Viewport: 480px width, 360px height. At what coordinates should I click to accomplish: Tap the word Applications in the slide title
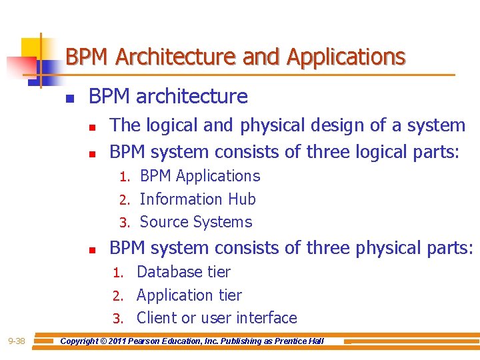point(345,57)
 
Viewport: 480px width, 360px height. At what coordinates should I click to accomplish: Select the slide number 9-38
point(16,341)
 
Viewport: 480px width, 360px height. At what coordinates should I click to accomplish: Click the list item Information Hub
point(197,199)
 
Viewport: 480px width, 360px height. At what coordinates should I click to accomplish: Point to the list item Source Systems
point(195,222)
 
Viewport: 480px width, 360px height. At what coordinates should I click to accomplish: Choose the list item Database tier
point(183,272)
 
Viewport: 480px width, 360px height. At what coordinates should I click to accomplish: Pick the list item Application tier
point(189,295)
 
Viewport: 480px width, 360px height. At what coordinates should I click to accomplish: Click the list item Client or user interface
point(217,318)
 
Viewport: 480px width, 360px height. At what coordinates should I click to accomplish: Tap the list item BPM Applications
point(199,176)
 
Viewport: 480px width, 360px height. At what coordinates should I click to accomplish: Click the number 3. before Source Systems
point(124,223)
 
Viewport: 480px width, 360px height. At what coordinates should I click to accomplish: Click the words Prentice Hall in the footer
point(299,341)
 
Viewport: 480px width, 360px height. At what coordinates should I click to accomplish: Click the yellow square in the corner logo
point(31,48)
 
